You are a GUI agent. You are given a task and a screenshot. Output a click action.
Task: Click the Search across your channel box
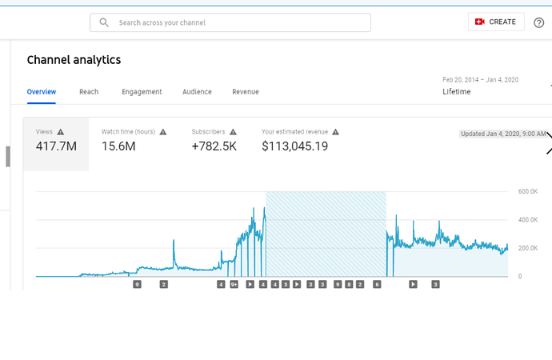tap(230, 22)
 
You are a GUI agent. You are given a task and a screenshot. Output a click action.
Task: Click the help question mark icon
tap(539, 22)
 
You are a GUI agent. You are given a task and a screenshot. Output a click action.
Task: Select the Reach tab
tap(89, 92)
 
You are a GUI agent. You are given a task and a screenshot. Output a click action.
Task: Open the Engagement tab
tap(142, 92)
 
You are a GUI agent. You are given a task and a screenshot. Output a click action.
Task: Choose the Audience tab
tap(197, 92)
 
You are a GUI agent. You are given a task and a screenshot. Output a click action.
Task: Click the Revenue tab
tap(246, 92)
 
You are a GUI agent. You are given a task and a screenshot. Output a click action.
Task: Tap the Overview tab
tap(42, 92)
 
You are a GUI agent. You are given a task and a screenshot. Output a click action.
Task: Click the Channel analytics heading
tap(74, 60)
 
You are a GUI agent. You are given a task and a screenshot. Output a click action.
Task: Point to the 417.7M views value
tap(57, 146)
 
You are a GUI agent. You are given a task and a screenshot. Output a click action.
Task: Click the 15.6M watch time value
tap(118, 146)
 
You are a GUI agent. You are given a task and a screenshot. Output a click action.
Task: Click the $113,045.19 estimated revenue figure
tap(295, 146)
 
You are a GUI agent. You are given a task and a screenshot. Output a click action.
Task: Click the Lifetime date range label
tap(457, 92)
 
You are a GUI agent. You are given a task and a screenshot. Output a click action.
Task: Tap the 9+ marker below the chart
tap(234, 284)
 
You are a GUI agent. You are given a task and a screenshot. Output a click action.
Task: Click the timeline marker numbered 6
tap(377, 284)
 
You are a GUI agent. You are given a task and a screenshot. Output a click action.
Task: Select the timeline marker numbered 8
tap(349, 284)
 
